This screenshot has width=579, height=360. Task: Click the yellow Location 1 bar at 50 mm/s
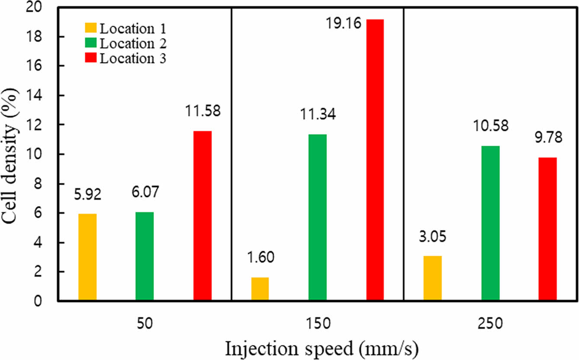click(x=87, y=257)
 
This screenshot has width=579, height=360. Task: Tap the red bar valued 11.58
click(x=202, y=216)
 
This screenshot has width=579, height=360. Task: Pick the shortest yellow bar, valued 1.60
click(x=260, y=289)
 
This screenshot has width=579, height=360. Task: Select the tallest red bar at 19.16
click(x=375, y=160)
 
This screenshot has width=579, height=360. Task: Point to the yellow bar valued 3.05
click(x=432, y=278)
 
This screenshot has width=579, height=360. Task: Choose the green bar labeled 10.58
click(x=490, y=223)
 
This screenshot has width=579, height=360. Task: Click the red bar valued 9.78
click(x=547, y=229)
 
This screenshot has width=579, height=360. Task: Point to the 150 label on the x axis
click(x=317, y=324)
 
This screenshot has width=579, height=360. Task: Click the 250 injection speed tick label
click(x=490, y=324)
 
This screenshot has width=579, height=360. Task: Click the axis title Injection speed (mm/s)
click(x=317, y=348)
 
